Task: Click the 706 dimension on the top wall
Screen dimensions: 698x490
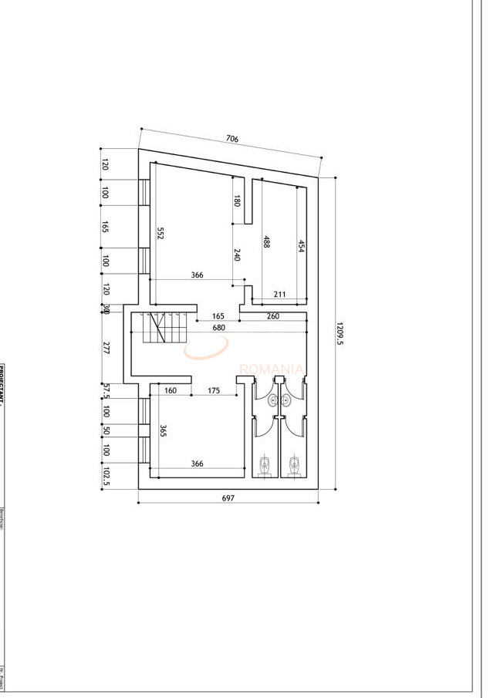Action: (x=231, y=139)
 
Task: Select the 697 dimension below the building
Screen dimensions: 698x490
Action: (x=228, y=498)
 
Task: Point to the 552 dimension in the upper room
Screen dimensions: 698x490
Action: (x=161, y=232)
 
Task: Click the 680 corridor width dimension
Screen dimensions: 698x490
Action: (x=220, y=328)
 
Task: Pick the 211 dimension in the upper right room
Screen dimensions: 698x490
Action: (x=279, y=294)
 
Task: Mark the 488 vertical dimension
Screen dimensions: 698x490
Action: (x=266, y=241)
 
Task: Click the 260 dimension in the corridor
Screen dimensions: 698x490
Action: (x=273, y=315)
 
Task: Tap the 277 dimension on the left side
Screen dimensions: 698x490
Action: (x=106, y=348)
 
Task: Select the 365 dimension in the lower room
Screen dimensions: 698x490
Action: (x=162, y=431)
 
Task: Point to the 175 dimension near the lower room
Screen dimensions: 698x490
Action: (x=214, y=391)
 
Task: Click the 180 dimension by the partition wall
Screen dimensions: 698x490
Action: (x=237, y=201)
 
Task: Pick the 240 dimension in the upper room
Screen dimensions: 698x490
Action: (x=237, y=255)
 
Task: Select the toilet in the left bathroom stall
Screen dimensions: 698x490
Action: (x=265, y=464)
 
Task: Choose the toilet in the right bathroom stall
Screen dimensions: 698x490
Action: (x=294, y=464)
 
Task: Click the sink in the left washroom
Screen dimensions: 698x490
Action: (x=271, y=400)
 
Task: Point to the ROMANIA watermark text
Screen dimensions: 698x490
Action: (x=271, y=369)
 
